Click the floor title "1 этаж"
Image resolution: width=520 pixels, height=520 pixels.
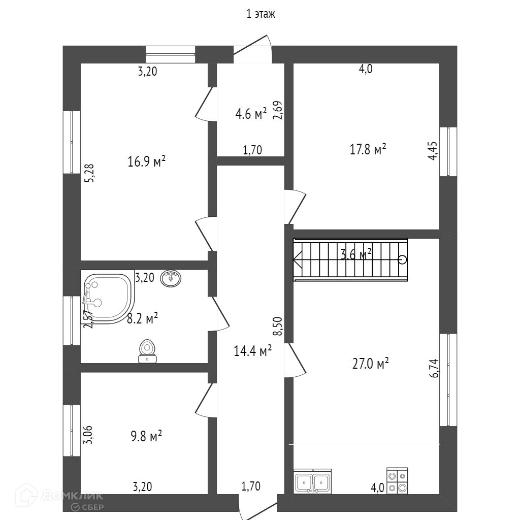coord(261,14)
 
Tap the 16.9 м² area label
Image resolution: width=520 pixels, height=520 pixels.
coord(147,162)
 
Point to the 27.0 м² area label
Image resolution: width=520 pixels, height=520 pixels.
coord(370,363)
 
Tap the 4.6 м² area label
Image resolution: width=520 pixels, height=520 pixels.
coord(251,114)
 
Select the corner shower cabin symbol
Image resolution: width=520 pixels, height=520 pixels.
coord(106,298)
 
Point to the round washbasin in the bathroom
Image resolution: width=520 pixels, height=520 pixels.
coord(171,278)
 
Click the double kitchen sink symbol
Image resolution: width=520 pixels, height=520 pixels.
coord(313,481)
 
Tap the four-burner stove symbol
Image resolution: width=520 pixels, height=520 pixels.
coord(397,480)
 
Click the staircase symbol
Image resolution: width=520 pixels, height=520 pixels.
coord(350,259)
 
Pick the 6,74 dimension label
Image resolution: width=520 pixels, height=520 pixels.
coord(433,368)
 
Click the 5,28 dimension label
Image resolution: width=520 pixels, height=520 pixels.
coord(89,173)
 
